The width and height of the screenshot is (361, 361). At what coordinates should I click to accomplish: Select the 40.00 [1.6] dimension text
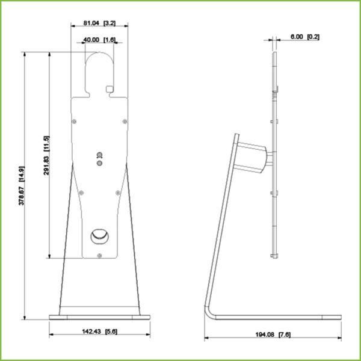click(x=99, y=40)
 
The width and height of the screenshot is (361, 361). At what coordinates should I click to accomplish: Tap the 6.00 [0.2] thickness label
click(x=304, y=37)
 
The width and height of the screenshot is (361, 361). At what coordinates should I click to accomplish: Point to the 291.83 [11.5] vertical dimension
click(x=46, y=155)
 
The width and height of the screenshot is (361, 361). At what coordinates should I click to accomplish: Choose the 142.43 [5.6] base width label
click(x=99, y=332)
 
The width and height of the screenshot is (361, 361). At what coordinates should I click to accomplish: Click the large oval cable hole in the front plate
click(x=99, y=236)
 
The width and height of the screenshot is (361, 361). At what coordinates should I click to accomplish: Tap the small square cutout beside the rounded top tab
click(x=110, y=89)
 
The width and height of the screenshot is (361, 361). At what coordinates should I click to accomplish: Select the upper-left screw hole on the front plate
click(x=74, y=121)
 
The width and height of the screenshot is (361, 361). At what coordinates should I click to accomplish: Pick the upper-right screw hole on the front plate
click(x=124, y=121)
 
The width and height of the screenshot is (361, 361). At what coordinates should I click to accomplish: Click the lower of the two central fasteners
click(x=99, y=161)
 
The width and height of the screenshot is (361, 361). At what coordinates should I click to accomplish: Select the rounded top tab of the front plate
click(x=99, y=66)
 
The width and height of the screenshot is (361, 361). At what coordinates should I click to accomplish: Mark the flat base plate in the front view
click(x=99, y=316)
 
